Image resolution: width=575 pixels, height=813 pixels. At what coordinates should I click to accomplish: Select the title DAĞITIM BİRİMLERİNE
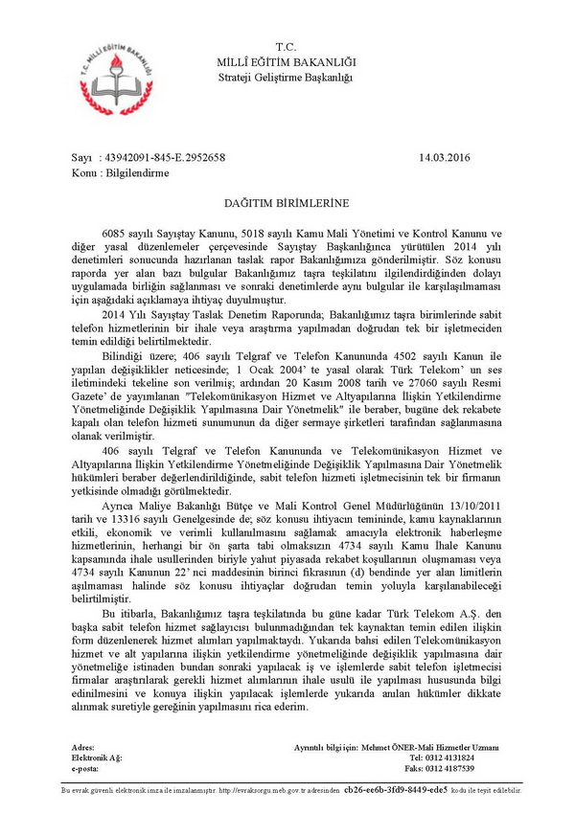point(287,203)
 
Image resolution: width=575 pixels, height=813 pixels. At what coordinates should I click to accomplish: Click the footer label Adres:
point(83,746)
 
